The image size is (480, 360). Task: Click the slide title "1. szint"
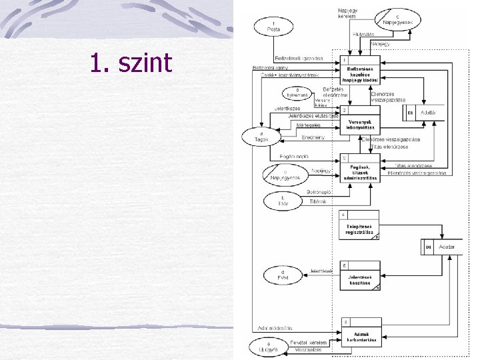pyautogui.click(x=131, y=63)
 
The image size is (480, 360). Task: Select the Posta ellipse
pyautogui.click(x=273, y=26)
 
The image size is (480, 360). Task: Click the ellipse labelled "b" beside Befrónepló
pyautogui.click(x=283, y=201)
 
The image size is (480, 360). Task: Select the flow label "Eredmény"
pyautogui.click(x=313, y=137)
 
